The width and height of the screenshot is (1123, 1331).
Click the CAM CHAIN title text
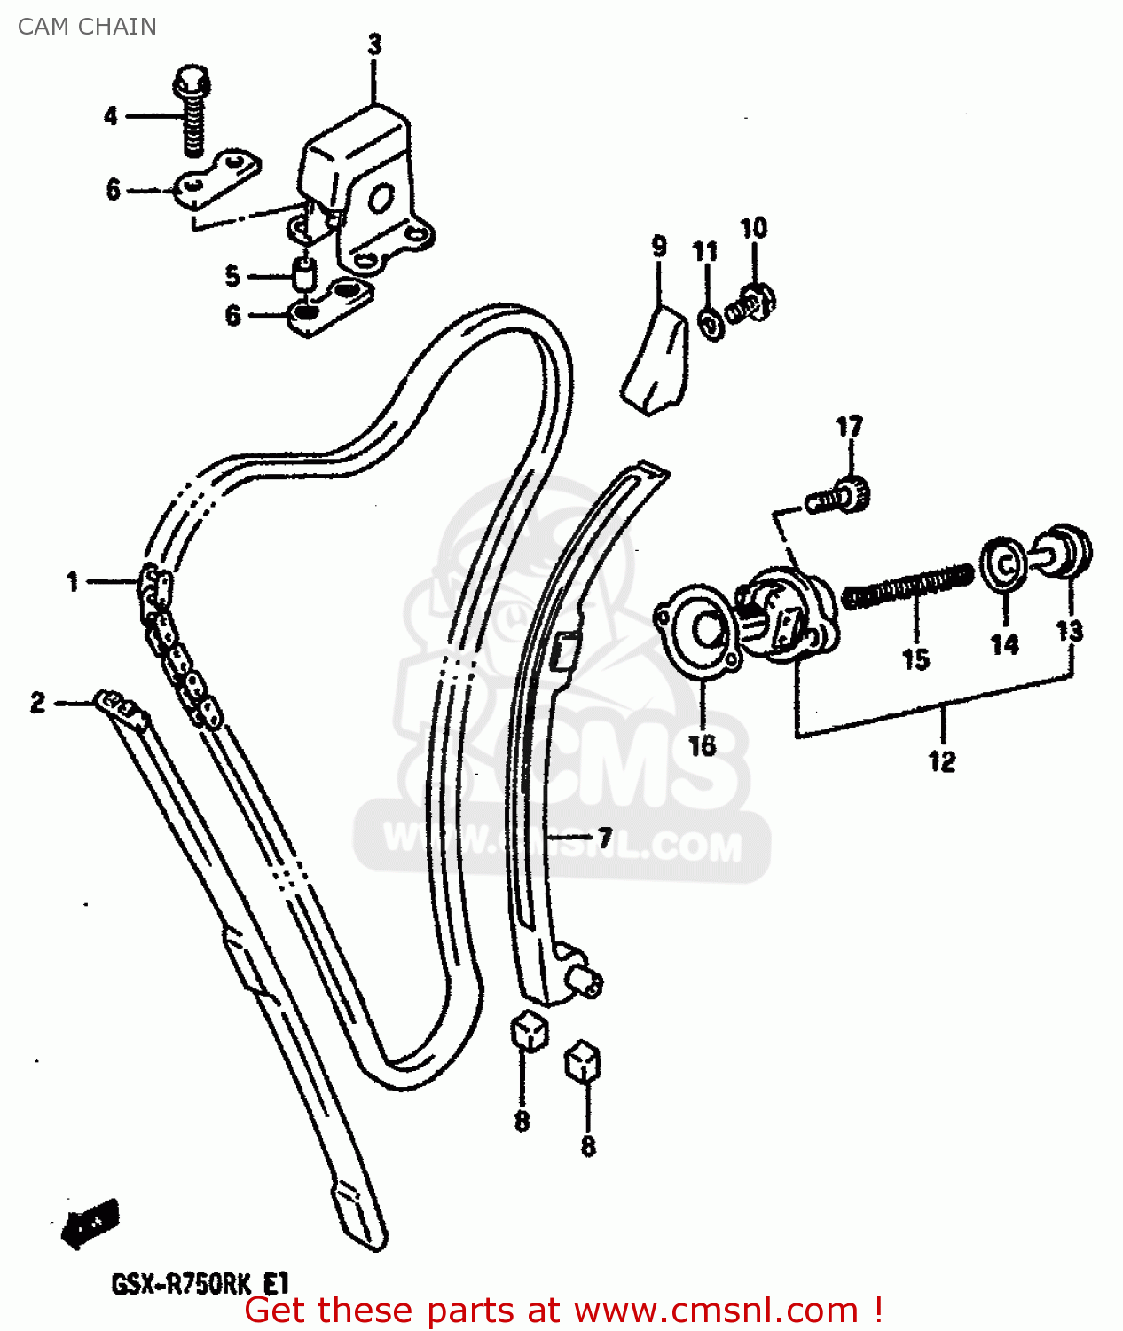click(87, 27)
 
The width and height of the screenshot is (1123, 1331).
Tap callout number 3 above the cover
click(374, 44)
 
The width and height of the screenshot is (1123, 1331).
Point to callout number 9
click(659, 246)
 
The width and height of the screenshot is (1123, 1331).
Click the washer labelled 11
click(710, 323)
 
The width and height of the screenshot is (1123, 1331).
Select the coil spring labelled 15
click(907, 587)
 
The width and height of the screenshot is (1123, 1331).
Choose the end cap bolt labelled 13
click(1064, 550)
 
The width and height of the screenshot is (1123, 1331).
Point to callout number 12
click(942, 761)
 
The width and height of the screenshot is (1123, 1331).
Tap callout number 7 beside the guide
click(605, 837)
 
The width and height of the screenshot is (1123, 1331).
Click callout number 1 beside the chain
click(73, 582)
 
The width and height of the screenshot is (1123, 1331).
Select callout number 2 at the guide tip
click(37, 703)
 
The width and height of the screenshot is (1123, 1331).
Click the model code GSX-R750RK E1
click(200, 1284)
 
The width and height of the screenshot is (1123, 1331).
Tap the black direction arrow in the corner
click(90, 1224)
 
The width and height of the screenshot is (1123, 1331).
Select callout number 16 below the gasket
click(702, 745)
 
